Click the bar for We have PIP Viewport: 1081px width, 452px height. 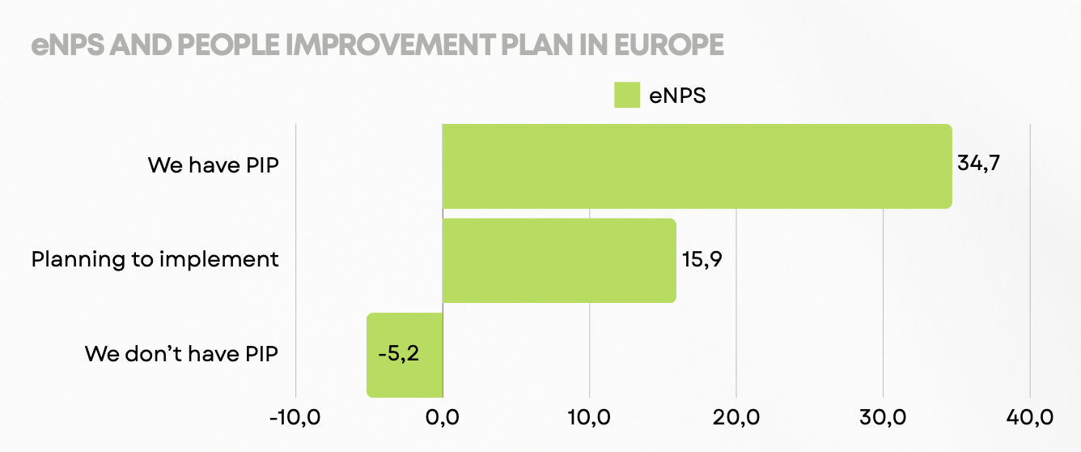696,166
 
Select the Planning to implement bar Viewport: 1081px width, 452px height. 558,260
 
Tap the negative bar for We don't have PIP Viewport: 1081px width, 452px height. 405,355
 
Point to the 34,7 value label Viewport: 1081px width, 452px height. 979,163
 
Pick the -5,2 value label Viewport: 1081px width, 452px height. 398,355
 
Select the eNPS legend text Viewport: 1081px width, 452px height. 677,95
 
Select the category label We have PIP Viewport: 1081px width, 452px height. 213,165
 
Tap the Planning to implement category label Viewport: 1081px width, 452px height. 155,260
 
